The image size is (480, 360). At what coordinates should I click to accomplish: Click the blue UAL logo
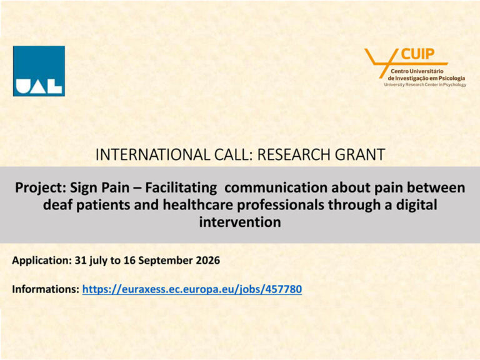coord(39,71)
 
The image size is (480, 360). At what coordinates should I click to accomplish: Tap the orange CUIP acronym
coord(417,54)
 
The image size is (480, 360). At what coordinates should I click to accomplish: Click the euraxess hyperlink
coord(192,289)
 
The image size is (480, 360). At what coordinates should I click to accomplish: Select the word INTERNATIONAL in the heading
coord(152,154)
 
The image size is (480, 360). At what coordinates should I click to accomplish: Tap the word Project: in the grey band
coord(41,187)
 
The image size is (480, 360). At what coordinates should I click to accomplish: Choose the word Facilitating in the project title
coord(181,187)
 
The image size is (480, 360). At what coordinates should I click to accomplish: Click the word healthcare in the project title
coord(197,205)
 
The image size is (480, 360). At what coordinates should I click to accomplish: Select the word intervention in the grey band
coord(240,222)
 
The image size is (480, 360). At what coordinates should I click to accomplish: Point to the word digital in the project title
coord(417,205)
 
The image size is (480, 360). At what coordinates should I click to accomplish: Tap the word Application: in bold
coord(42,261)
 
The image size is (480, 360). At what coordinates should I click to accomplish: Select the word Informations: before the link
coord(46,289)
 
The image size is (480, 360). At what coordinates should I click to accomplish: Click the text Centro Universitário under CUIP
coord(417,71)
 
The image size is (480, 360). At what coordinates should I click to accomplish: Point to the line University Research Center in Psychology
coord(425,85)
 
